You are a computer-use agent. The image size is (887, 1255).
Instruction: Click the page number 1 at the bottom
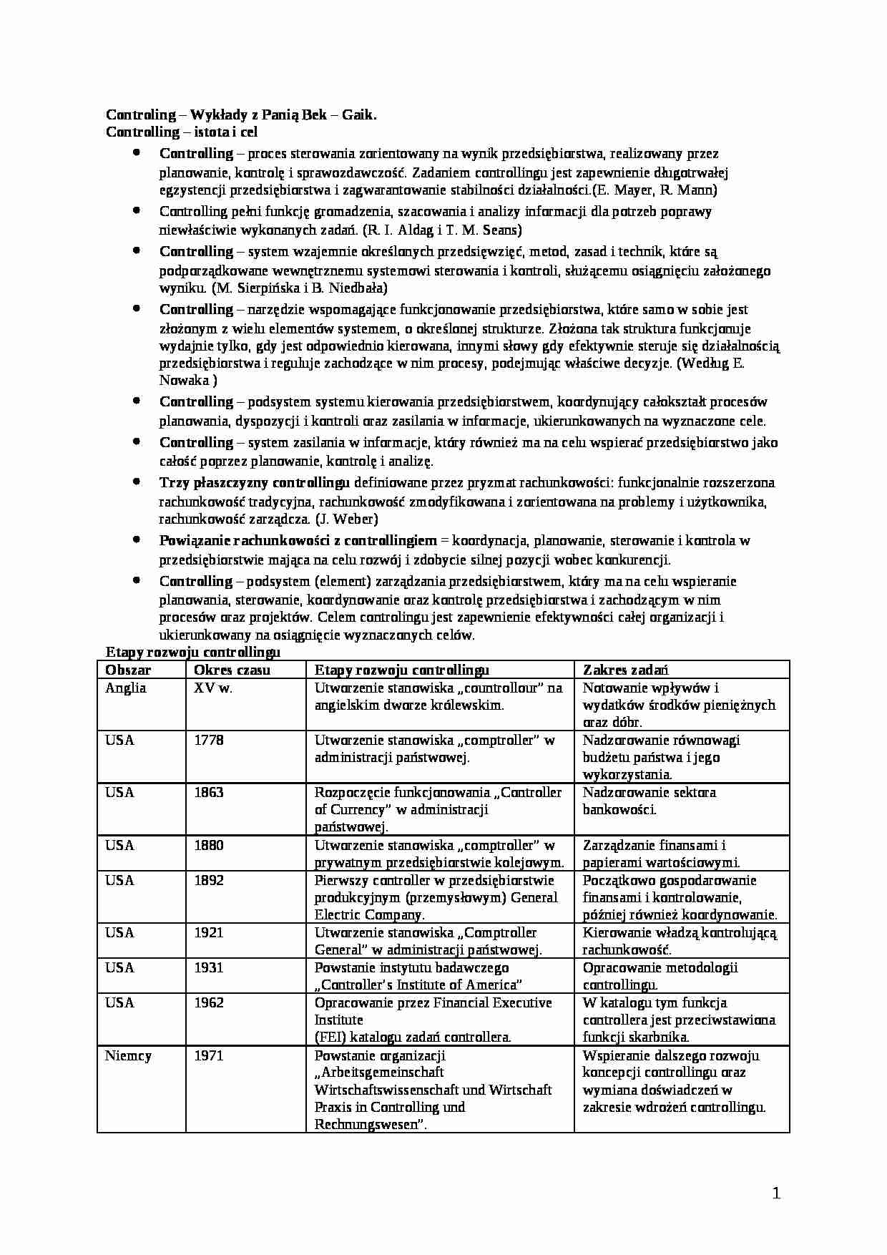[x=776, y=1193]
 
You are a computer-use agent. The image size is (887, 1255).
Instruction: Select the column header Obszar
[x=128, y=670]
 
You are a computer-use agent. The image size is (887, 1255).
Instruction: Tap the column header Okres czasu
[x=232, y=670]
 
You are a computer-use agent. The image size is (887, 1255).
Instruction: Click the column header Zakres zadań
[x=625, y=670]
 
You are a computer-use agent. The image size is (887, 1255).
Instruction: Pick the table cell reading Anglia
[x=126, y=688]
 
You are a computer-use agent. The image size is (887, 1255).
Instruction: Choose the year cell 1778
[x=209, y=740]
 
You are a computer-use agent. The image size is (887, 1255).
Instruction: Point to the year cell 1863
[x=209, y=792]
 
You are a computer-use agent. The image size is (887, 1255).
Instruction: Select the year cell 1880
[x=209, y=845]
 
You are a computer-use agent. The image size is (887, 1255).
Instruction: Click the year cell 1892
[x=209, y=880]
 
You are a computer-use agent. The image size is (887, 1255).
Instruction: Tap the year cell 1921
[x=209, y=932]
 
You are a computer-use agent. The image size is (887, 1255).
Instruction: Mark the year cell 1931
[x=209, y=967]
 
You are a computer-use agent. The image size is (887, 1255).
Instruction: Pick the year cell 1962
[x=209, y=1002]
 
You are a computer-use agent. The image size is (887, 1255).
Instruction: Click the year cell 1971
[x=209, y=1055]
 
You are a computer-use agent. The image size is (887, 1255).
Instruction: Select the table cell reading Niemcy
[x=128, y=1055]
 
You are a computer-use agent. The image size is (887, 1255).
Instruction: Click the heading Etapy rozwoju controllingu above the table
[x=192, y=652]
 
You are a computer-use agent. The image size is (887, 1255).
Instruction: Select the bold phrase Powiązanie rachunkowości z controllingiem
[x=298, y=541]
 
